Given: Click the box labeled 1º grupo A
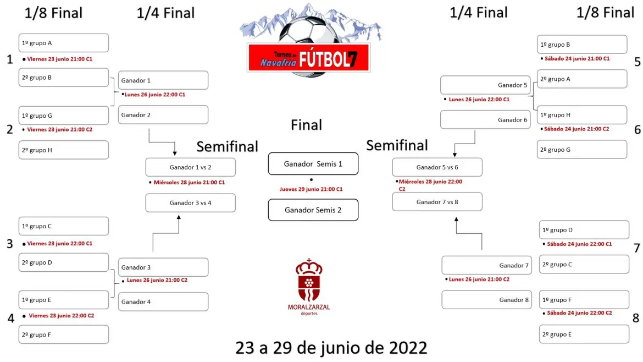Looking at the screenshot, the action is point(64,43).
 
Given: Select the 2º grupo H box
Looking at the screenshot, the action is point(64,150).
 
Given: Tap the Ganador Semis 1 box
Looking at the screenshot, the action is point(313,164).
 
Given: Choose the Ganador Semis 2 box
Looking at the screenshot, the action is point(313,210).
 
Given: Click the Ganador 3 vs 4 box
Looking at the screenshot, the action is point(191,203).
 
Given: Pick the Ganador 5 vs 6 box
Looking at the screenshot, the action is point(437,167).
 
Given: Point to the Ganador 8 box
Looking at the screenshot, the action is point(487,300).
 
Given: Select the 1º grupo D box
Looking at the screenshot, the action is point(584,230).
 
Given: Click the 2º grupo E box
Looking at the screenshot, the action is point(584,334).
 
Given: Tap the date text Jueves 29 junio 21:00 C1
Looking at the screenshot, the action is point(311,189).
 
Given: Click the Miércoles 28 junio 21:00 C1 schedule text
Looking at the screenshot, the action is point(189,182).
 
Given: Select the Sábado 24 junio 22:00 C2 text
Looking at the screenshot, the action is point(579,312).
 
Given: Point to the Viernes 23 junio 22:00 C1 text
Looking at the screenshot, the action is point(60,243).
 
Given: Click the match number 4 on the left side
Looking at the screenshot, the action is point(10,318).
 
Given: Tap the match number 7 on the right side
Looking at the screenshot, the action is point(636,248).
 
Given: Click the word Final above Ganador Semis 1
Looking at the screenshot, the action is point(306,125).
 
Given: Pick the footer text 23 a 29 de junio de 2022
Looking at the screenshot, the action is point(331,348).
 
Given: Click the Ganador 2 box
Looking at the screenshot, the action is point(163,115).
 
